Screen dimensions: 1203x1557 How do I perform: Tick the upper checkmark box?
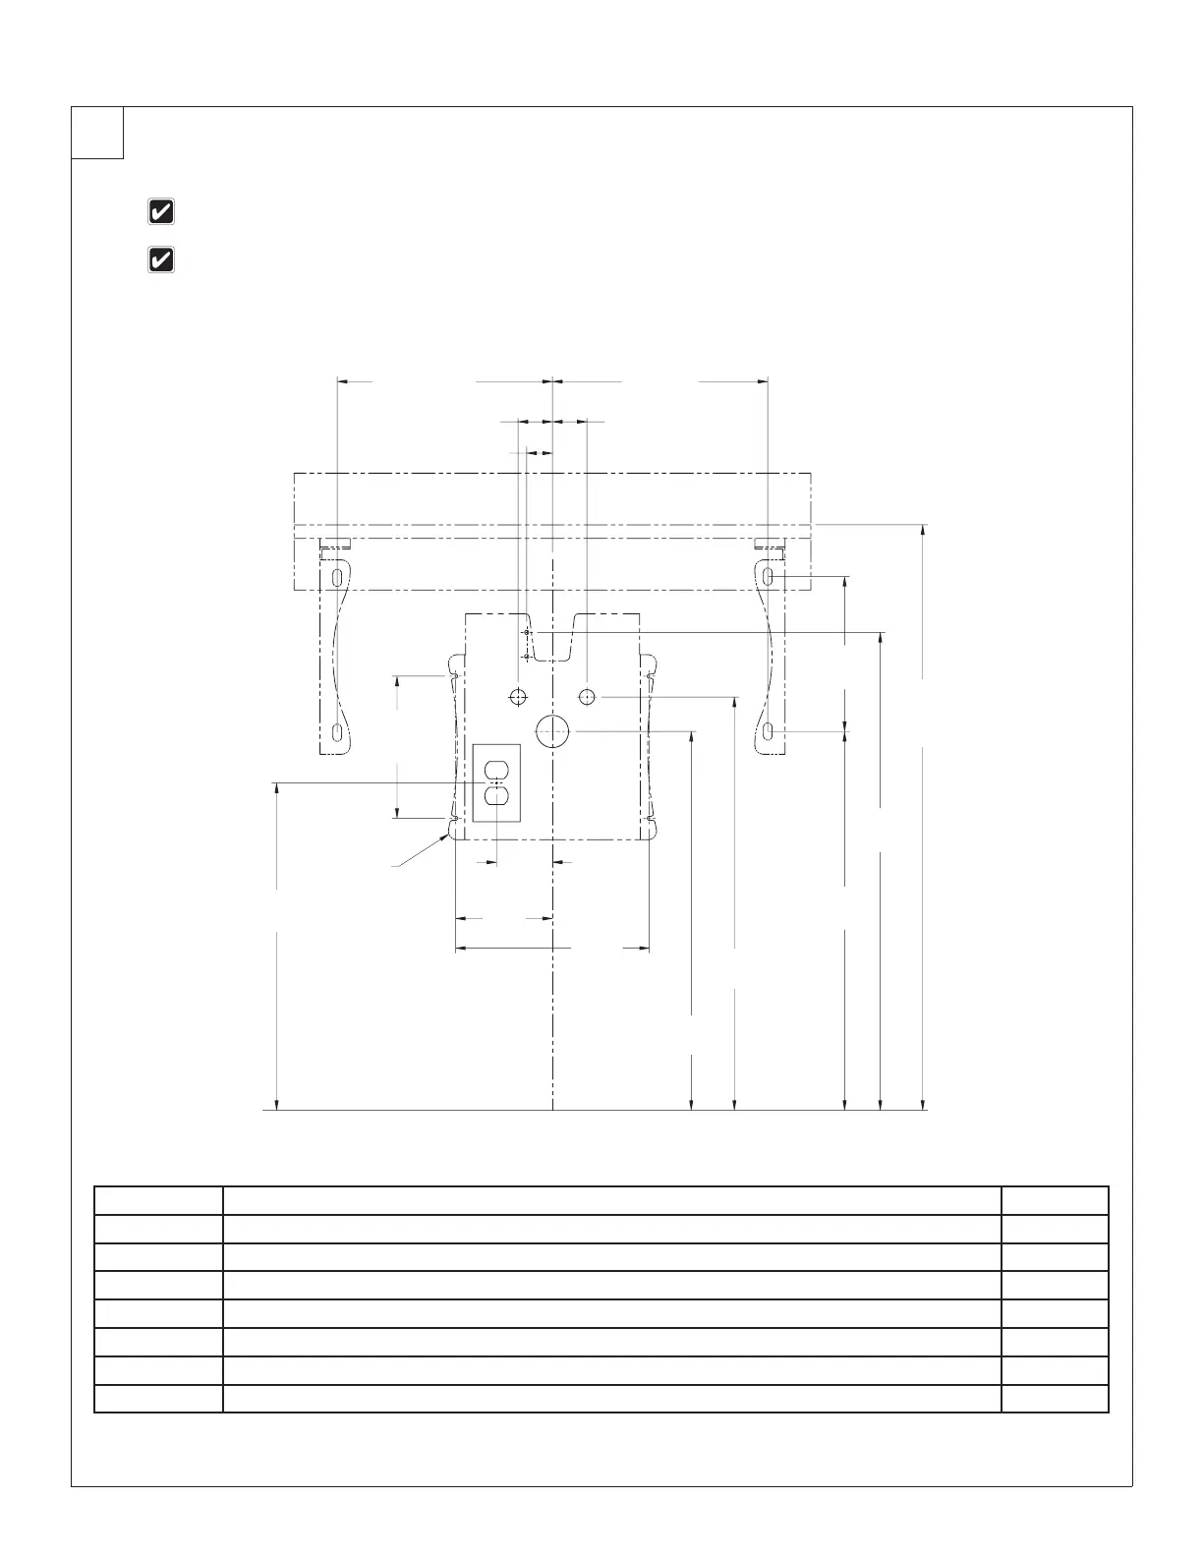point(161,211)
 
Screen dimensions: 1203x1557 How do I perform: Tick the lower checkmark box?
point(161,259)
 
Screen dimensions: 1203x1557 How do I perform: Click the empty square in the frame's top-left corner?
point(97,133)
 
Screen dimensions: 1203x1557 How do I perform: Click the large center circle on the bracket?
point(553,730)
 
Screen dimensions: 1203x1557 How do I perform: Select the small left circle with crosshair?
point(518,697)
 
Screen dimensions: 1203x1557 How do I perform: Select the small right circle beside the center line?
point(587,697)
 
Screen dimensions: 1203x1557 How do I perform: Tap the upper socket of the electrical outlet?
point(496,769)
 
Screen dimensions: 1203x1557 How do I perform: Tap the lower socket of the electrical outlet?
point(496,796)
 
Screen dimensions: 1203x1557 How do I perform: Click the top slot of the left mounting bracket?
point(337,576)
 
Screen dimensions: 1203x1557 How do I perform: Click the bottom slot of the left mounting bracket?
point(337,733)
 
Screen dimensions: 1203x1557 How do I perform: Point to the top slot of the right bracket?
point(769,575)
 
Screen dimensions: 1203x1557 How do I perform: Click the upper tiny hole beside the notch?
point(527,632)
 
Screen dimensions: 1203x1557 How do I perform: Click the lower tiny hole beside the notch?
point(527,656)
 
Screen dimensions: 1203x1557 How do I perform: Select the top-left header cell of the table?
point(158,1201)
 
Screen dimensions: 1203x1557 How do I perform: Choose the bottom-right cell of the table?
point(1055,1399)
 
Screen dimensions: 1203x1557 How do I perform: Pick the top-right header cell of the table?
point(1055,1201)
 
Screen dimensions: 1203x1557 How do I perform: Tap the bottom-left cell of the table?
point(158,1399)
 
